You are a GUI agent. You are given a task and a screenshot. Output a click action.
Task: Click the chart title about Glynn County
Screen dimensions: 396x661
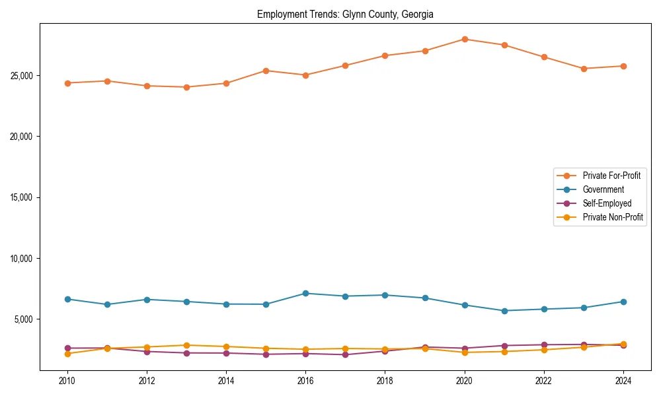tap(345, 14)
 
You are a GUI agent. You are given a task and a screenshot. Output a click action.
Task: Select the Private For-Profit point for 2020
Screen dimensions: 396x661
tap(465, 39)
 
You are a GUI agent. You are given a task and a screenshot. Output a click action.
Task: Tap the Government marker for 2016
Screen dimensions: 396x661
tap(305, 293)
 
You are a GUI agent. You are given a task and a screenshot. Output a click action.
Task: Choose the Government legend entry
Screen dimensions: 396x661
tap(603, 189)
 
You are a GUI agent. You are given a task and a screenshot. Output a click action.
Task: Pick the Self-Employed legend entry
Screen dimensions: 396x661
tap(607, 203)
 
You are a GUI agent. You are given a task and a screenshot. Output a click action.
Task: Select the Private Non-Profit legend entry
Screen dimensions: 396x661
tap(613, 217)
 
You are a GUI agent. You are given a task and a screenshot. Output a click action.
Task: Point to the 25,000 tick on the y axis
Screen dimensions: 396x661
tap(22, 76)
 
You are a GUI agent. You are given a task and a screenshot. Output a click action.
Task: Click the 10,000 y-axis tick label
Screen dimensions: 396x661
tap(22, 259)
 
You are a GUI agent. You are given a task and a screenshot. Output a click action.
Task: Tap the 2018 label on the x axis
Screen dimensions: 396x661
tap(385, 381)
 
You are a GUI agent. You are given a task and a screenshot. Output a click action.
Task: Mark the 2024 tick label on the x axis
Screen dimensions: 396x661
tap(623, 381)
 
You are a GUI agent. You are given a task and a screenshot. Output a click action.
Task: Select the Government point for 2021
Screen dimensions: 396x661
tap(504, 311)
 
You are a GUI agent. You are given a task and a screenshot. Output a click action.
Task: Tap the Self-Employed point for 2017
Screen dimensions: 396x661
tap(345, 355)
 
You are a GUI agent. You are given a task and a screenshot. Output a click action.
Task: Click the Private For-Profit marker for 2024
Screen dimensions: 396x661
tap(623, 66)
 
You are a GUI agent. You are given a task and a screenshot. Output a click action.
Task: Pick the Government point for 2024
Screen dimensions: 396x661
tap(623, 302)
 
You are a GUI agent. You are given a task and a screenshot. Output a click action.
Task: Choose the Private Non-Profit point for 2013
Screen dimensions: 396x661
tap(186, 345)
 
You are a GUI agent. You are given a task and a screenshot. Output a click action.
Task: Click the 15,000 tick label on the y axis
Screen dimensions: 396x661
tap(22, 197)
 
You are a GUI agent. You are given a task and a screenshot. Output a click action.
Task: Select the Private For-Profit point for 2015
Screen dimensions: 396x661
tap(266, 71)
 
